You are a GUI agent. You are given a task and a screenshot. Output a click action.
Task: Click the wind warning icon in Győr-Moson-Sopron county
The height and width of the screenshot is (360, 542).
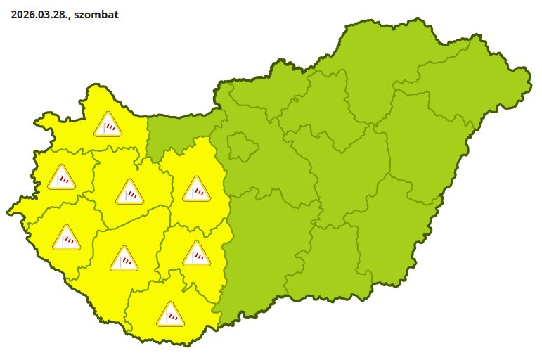[x=108, y=125]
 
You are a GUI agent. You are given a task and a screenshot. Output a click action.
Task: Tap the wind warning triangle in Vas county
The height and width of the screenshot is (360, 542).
[x=62, y=178]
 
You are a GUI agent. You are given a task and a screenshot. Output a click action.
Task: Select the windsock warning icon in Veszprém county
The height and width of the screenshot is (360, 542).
[x=130, y=191]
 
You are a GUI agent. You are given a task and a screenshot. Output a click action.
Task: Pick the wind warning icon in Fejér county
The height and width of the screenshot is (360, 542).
[x=196, y=189]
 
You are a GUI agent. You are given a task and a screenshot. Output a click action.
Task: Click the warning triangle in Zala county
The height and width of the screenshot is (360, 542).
[x=67, y=238]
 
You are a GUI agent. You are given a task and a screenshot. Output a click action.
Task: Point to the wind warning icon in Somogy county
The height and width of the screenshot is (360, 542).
[x=124, y=259]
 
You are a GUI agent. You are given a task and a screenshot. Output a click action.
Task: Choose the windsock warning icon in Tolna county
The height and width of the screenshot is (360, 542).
[x=196, y=255]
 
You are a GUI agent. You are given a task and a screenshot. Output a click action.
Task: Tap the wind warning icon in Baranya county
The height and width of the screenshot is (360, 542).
[x=170, y=314]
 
